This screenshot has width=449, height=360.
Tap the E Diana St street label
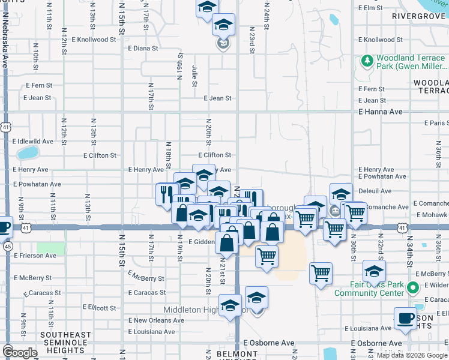[x=143, y=48]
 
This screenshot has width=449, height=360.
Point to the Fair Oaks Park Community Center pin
[x=412, y=289]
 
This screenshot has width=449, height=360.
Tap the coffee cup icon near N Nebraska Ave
[x=4, y=227]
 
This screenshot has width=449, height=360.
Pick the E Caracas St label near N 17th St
[x=147, y=293]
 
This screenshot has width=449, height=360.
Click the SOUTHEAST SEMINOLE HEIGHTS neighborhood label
[x=65, y=339]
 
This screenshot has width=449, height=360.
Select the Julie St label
[x=195, y=76]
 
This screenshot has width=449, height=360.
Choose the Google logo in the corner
[x=20, y=352]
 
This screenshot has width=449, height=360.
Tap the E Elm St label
[x=370, y=8]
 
